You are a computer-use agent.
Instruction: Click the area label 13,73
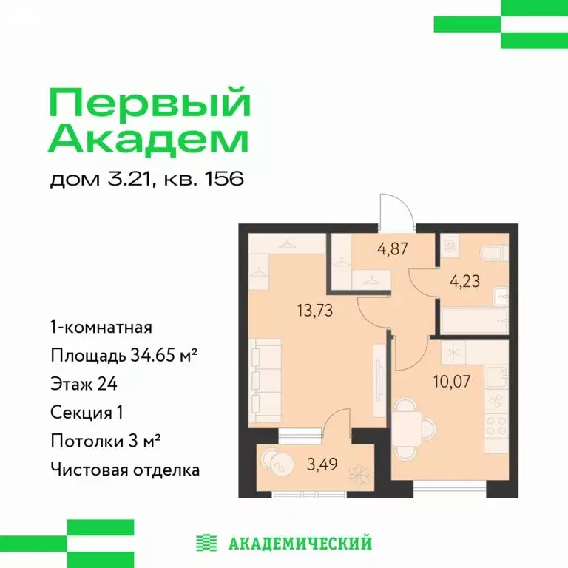pos(315,311)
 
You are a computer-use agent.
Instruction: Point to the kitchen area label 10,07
pos(452,382)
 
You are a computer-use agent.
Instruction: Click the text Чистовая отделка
pos(125,469)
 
